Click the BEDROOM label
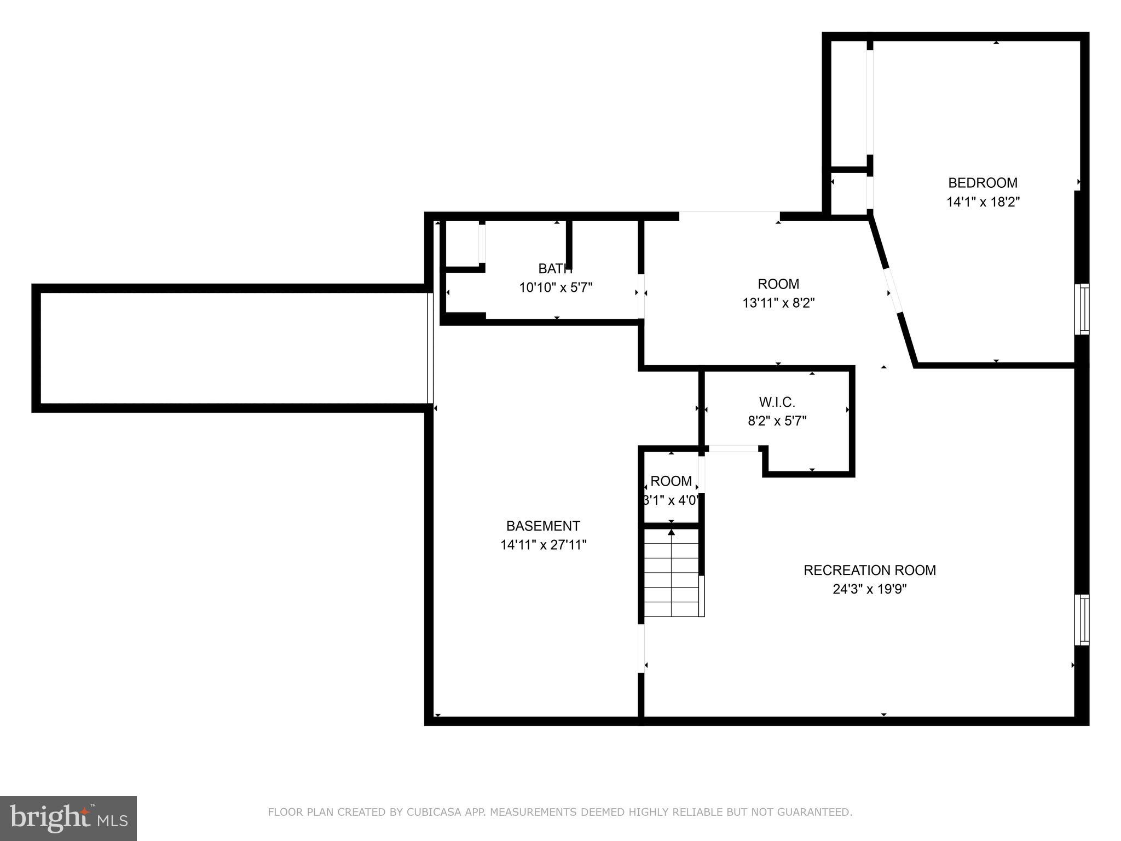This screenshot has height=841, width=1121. point(983,183)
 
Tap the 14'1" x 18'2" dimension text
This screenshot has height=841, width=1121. point(983,202)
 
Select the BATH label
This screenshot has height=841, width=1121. point(555,269)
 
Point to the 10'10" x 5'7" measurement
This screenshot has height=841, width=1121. point(556,287)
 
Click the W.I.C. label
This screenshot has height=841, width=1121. point(777,402)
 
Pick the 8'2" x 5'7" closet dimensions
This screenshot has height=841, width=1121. point(777,421)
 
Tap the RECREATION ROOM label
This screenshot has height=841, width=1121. point(869,571)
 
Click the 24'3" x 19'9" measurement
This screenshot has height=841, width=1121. point(869,589)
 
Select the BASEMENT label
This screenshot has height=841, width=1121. point(542,526)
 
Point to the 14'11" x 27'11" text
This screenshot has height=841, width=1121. point(543,545)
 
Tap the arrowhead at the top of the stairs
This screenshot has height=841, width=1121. point(672,532)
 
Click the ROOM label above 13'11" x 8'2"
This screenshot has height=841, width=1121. point(778,284)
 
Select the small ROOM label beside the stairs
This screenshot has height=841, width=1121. point(671,481)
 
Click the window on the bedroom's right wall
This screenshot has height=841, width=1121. point(1082,309)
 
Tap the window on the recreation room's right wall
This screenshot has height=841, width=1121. point(1082,620)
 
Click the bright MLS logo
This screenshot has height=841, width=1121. point(68,819)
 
